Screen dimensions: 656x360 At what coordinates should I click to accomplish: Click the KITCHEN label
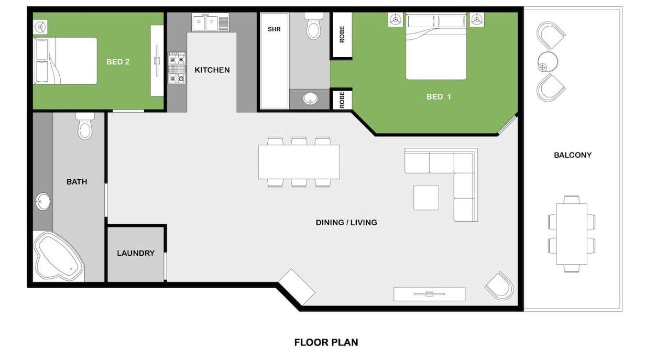pos(212,70)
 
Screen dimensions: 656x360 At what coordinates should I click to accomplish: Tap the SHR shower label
pos(274,29)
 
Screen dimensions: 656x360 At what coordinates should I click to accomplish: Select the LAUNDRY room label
pos(136,253)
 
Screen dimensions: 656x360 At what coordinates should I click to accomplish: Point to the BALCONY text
pos(573,155)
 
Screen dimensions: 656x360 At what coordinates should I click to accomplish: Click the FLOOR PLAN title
pos(326,342)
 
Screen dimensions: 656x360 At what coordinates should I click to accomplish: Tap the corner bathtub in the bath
pos(58,257)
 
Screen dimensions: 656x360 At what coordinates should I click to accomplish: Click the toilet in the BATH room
pos(85,126)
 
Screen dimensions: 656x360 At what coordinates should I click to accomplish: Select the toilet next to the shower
pos(313,26)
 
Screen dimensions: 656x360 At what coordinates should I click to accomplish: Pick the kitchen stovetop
pos(177,68)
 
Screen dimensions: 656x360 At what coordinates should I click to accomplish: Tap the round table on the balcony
pos(548,61)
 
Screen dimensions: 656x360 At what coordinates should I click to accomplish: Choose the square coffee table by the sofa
pos(426,198)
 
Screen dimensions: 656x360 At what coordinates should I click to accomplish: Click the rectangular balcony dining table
pos(572,234)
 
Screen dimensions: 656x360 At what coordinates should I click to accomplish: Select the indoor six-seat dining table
pos(299,162)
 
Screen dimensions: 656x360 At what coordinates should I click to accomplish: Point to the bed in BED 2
pos(65,61)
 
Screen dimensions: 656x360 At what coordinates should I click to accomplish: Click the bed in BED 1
pos(436,46)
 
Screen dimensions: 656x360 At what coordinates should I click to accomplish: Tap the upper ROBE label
pos(342,35)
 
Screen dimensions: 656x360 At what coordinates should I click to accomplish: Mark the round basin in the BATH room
pos(43,202)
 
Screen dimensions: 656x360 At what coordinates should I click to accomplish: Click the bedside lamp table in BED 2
pos(40,27)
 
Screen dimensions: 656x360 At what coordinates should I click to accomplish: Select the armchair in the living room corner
pos(499,286)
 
